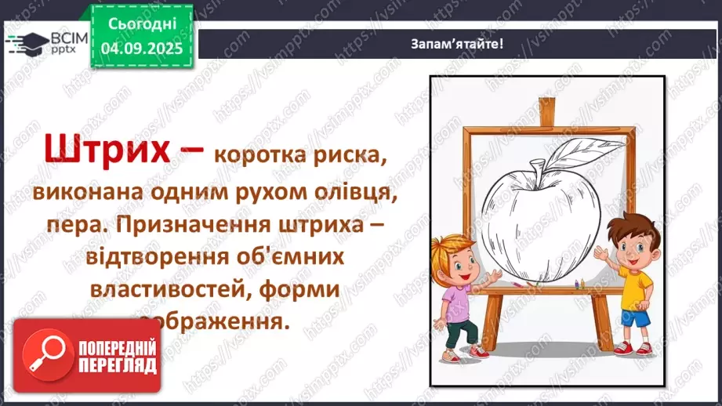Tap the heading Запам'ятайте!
coord(457,44)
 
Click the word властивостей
coord(170,289)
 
